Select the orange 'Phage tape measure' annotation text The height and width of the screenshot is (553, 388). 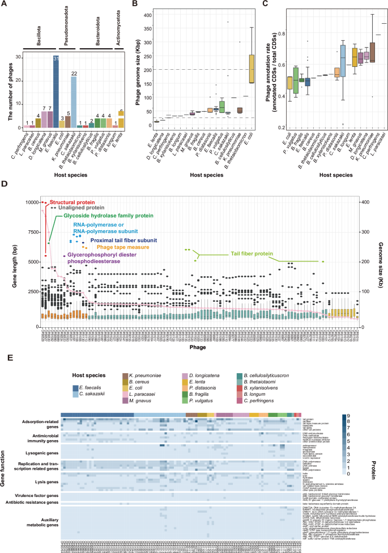point(113,247)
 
